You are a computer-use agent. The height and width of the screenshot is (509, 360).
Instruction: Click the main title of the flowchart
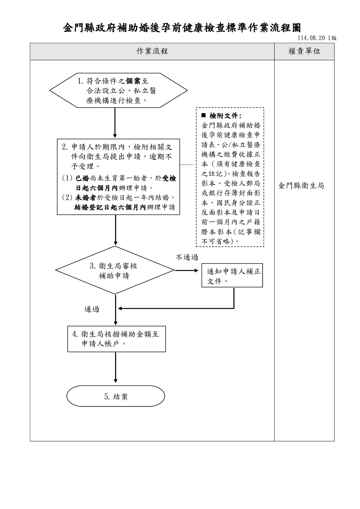(182, 28)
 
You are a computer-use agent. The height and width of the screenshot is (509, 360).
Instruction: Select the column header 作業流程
(152, 51)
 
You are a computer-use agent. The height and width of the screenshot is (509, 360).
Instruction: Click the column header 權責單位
(304, 51)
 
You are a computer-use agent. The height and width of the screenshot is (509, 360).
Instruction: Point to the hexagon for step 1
(118, 90)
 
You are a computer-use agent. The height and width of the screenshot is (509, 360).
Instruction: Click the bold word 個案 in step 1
(133, 81)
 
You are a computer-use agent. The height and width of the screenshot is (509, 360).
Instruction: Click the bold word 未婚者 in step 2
(86, 198)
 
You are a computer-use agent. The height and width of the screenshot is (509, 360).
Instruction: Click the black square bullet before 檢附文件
(203, 115)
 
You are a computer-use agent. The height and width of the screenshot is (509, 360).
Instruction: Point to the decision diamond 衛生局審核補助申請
(115, 270)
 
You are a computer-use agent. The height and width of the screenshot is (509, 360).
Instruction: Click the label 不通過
(187, 257)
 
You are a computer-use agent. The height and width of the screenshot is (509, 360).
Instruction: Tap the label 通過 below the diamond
(92, 309)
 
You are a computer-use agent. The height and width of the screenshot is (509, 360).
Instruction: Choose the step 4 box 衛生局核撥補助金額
(116, 339)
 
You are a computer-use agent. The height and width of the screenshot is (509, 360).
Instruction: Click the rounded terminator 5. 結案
(116, 396)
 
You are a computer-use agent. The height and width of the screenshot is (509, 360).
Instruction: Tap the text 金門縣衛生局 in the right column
(301, 186)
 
